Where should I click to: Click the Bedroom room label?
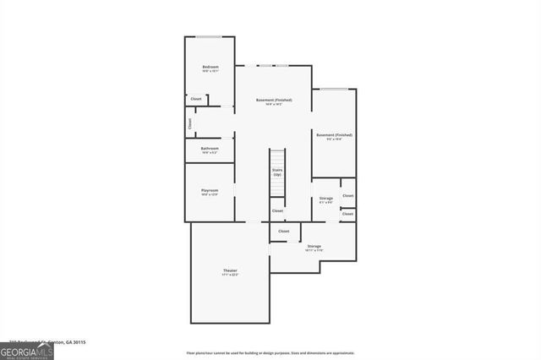click(x=210, y=67)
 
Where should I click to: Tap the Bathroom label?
click(x=210, y=149)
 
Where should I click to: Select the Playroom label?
click(x=210, y=190)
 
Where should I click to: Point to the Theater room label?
click(x=230, y=270)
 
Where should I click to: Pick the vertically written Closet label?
click(x=189, y=123)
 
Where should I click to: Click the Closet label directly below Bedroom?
click(x=196, y=99)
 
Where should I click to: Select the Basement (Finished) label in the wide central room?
click(x=274, y=101)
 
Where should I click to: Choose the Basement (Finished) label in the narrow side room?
click(x=334, y=134)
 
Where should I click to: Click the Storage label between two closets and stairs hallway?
click(x=325, y=198)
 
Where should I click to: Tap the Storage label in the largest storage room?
click(x=314, y=246)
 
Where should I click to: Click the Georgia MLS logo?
click(x=27, y=350)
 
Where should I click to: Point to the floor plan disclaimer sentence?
click(x=270, y=352)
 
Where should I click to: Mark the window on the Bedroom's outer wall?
click(x=210, y=36)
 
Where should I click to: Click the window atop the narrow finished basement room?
click(x=333, y=89)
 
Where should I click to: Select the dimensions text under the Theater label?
click(x=230, y=275)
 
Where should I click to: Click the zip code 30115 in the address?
click(x=78, y=342)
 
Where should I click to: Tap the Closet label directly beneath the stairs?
click(x=277, y=210)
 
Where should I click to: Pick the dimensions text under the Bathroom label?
click(x=210, y=153)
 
